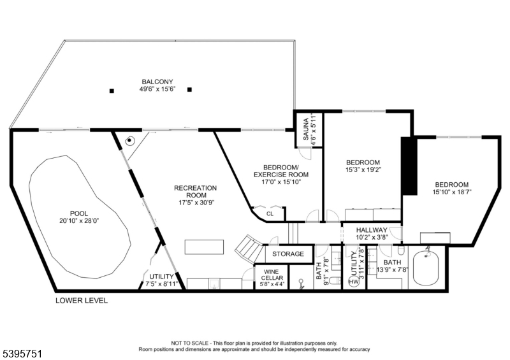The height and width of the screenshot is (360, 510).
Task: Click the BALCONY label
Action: [157, 82]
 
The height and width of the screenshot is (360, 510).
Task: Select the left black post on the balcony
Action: [112, 90]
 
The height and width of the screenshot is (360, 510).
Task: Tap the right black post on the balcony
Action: [189, 90]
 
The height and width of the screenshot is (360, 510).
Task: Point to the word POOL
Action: [79, 213]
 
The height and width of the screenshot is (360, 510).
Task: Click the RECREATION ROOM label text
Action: [196, 192]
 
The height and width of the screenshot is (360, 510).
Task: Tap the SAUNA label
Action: [305, 130]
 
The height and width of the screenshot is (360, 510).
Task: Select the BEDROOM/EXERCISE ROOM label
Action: [281, 170]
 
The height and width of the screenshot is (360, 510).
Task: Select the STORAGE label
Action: [289, 254]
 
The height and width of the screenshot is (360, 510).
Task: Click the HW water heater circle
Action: [353, 282]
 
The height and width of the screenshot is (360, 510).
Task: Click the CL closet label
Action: [270, 214]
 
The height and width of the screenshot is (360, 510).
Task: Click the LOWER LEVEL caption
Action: [82, 300]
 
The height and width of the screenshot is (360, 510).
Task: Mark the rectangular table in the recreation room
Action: [205, 247]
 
